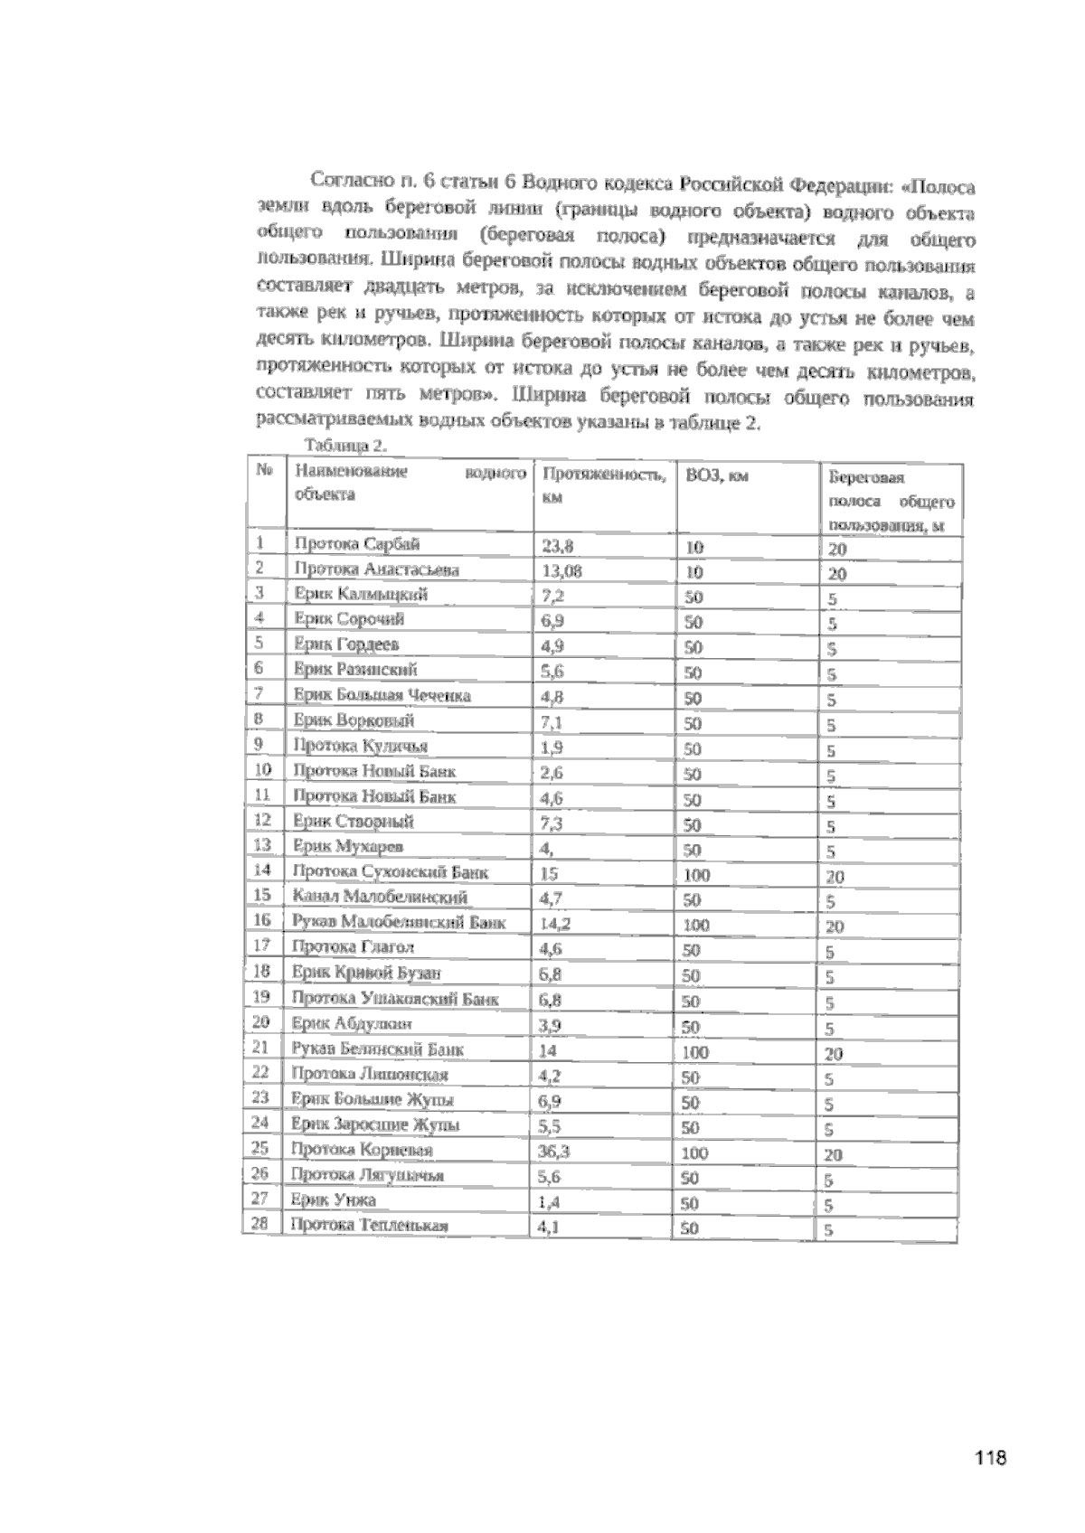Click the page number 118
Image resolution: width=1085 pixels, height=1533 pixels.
click(x=991, y=1456)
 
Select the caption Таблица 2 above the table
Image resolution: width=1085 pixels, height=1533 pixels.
click(x=347, y=445)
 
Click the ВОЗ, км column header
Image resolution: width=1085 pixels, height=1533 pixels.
click(x=717, y=476)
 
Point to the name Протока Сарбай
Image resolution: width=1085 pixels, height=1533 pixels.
click(x=356, y=543)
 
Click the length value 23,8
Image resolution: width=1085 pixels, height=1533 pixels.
click(x=557, y=546)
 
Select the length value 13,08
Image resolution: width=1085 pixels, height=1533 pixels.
click(x=561, y=570)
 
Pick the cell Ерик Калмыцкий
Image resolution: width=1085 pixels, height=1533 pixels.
click(x=361, y=594)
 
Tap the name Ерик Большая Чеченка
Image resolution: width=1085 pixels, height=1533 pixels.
click(x=382, y=695)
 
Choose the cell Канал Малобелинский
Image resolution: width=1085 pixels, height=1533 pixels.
click(x=380, y=897)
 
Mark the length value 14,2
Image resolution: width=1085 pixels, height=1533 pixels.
click(x=555, y=924)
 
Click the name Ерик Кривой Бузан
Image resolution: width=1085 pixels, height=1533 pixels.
click(x=366, y=973)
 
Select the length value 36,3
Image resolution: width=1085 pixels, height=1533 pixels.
click(x=555, y=1152)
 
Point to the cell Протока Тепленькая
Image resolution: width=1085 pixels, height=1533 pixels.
click(x=369, y=1226)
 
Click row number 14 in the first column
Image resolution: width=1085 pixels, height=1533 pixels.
click(x=262, y=870)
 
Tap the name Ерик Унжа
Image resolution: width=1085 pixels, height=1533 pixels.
click(x=334, y=1200)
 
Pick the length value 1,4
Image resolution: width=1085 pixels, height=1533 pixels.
click(x=546, y=1202)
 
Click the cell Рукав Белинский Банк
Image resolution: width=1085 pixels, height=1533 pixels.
click(x=377, y=1049)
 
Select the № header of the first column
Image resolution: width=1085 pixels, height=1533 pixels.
click(x=264, y=470)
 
